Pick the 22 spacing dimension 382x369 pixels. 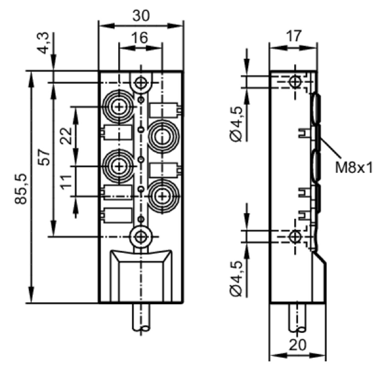pyautogui.click(x=66, y=136)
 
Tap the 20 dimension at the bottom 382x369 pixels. pyautogui.click(x=297, y=345)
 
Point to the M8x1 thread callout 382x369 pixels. pyautogui.click(x=354, y=168)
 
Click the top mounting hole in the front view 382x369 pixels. pyautogui.click(x=141, y=83)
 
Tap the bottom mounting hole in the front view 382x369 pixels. pyautogui.click(x=141, y=237)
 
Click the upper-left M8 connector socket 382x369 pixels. pyautogui.click(x=119, y=107)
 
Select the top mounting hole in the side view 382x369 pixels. pyautogui.click(x=295, y=81)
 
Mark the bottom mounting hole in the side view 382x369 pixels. pyautogui.click(x=295, y=236)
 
